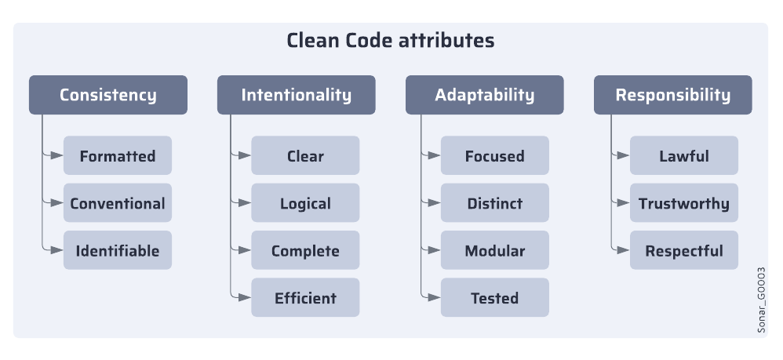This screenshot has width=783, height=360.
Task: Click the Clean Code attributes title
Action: (x=391, y=41)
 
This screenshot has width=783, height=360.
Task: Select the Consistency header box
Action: (x=108, y=95)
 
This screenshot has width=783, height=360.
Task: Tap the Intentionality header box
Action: (x=297, y=95)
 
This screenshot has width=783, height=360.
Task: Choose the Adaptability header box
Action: (x=485, y=95)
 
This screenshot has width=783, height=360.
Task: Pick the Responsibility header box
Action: (x=672, y=95)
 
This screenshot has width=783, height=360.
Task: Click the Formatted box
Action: (x=118, y=156)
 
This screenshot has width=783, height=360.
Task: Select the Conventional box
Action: (x=118, y=203)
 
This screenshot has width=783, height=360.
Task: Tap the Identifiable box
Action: (x=118, y=251)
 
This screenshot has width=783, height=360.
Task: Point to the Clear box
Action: (x=305, y=156)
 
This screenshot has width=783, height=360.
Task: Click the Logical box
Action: (x=305, y=203)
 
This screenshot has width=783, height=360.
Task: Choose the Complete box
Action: (x=305, y=251)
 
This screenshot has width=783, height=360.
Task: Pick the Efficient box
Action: (x=305, y=298)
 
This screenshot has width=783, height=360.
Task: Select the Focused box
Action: (x=495, y=156)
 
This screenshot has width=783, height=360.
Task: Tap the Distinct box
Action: (x=495, y=203)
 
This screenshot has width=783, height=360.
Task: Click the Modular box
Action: (x=495, y=251)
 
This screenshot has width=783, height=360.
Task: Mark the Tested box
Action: (x=495, y=298)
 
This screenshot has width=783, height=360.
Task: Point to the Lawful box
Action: (x=684, y=156)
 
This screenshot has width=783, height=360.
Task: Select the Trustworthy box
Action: (x=684, y=203)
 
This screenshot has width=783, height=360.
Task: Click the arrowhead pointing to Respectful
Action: (x=624, y=251)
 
